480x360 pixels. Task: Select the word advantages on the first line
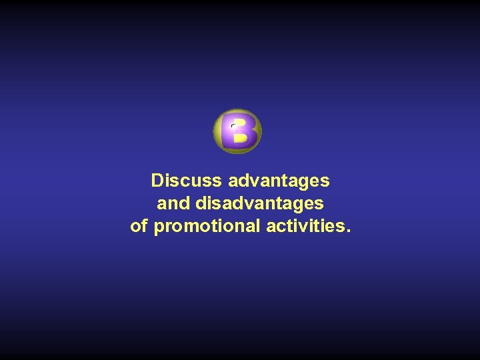279,181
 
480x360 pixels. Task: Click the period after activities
346,231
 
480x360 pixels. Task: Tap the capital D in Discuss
157,181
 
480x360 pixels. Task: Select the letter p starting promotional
159,228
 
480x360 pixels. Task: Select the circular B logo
237,131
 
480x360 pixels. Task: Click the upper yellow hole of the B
241,123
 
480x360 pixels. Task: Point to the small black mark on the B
233,125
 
